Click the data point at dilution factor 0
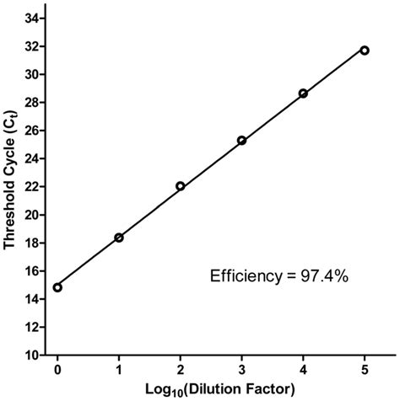coord(57,287)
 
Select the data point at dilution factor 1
coord(119,238)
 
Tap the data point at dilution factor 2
coord(181,186)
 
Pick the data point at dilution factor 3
coord(242,140)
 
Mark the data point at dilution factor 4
coord(303,94)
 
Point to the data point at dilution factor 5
coord(365,51)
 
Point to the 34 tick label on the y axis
coord(36,18)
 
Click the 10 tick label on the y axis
coord(36,356)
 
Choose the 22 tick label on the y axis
coord(36,186)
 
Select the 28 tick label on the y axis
coord(36,102)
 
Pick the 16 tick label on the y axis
coord(36,271)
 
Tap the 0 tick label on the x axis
coord(57,368)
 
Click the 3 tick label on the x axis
coord(242,368)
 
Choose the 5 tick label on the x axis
coord(365,368)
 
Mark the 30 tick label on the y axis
coord(36,74)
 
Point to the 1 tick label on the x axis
coord(119,368)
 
